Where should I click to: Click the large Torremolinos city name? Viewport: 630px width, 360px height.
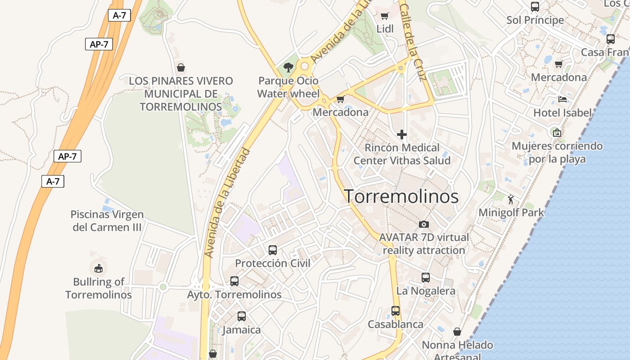(401, 197)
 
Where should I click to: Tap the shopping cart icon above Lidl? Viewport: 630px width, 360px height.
(384, 16)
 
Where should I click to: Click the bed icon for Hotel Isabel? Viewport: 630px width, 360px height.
(562, 99)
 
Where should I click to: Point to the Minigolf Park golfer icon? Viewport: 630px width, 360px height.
(511, 199)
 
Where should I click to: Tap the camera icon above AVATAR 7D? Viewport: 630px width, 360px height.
(423, 224)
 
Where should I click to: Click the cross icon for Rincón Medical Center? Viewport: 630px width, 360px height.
(402, 134)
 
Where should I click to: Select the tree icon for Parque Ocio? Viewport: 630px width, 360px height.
(288, 68)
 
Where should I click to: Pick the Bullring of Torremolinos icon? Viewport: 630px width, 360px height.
(98, 269)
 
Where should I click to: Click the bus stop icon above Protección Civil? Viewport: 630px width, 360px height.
(272, 250)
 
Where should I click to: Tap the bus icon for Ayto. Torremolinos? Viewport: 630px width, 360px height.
(234, 281)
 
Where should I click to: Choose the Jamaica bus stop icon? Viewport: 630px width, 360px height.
(241, 316)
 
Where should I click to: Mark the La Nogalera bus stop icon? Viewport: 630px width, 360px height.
(425, 278)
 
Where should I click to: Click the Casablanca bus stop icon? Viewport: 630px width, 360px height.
(395, 311)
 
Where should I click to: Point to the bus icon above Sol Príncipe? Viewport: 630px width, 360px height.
(535, 7)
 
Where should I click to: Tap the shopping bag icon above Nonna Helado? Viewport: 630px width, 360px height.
(457, 332)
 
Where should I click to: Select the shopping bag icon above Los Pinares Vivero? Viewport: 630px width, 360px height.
(181, 67)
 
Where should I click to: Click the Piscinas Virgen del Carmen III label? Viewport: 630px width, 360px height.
(107, 220)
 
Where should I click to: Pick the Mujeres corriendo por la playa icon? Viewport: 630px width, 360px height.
(557, 132)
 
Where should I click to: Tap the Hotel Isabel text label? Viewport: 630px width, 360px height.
(562, 112)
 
